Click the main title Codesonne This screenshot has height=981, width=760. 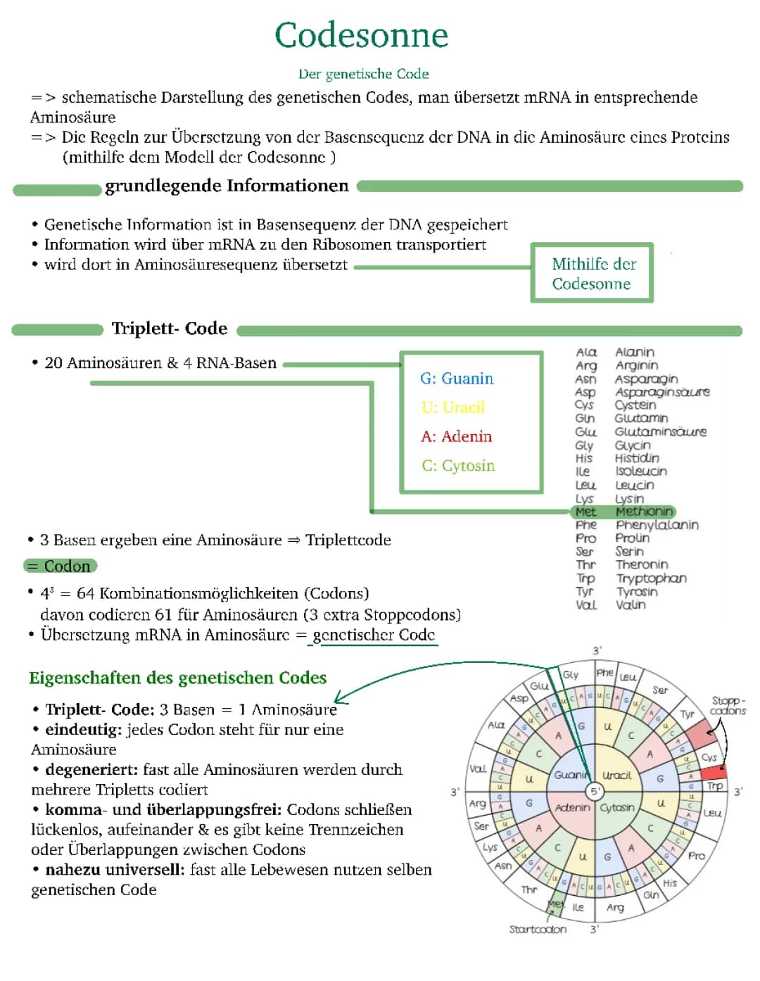coord(361,35)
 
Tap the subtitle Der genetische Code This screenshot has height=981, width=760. coord(363,74)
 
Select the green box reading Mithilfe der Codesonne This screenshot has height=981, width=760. coord(593,273)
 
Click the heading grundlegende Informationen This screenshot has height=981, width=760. coord(227,186)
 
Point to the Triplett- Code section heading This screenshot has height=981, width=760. coord(169,329)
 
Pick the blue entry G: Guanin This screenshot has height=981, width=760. coord(457,379)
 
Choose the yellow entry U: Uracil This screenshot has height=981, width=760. coord(453,407)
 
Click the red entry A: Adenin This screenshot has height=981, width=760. coord(457,436)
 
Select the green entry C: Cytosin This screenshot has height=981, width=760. coord(458,466)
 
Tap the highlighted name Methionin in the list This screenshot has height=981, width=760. coord(644,512)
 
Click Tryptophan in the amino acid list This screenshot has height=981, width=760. coord(651,578)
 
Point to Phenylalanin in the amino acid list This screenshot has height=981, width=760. coord(657,525)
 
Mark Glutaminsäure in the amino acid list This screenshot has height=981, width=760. coord(660,431)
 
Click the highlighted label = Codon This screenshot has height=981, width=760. coord(61,567)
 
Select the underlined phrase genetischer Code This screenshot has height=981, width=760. coord(374,635)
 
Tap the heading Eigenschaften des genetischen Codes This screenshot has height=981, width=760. coord(178,678)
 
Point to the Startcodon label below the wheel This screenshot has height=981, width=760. coord(538,930)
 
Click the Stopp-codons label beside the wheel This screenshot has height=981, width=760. coord(728,705)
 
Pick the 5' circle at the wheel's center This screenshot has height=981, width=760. coord(595,791)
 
